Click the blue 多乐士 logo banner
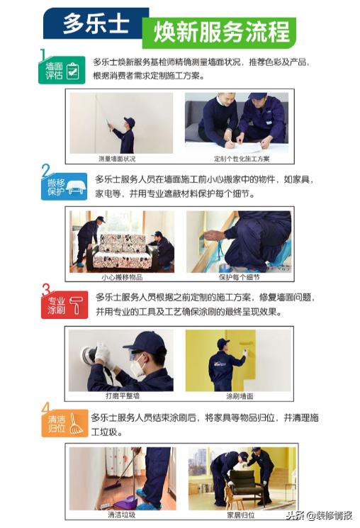[x=96, y=23]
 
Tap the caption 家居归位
[x=238, y=515]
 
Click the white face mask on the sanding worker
[x=137, y=368]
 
